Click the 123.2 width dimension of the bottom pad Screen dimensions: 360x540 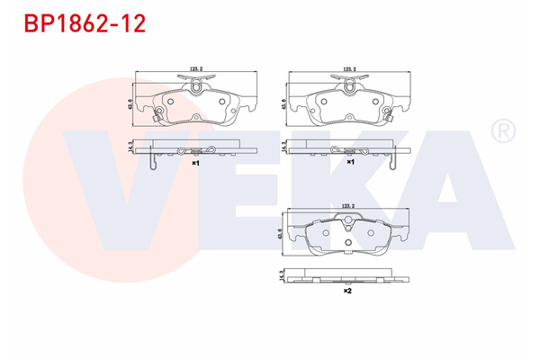click(x=349, y=207)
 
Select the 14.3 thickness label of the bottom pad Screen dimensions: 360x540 click(x=284, y=274)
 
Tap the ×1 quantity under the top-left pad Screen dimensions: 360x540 click(x=195, y=164)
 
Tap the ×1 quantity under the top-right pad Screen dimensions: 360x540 click(x=350, y=164)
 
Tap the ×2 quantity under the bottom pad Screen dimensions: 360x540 click(x=346, y=291)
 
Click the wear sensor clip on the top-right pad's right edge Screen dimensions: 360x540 click(x=388, y=115)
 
